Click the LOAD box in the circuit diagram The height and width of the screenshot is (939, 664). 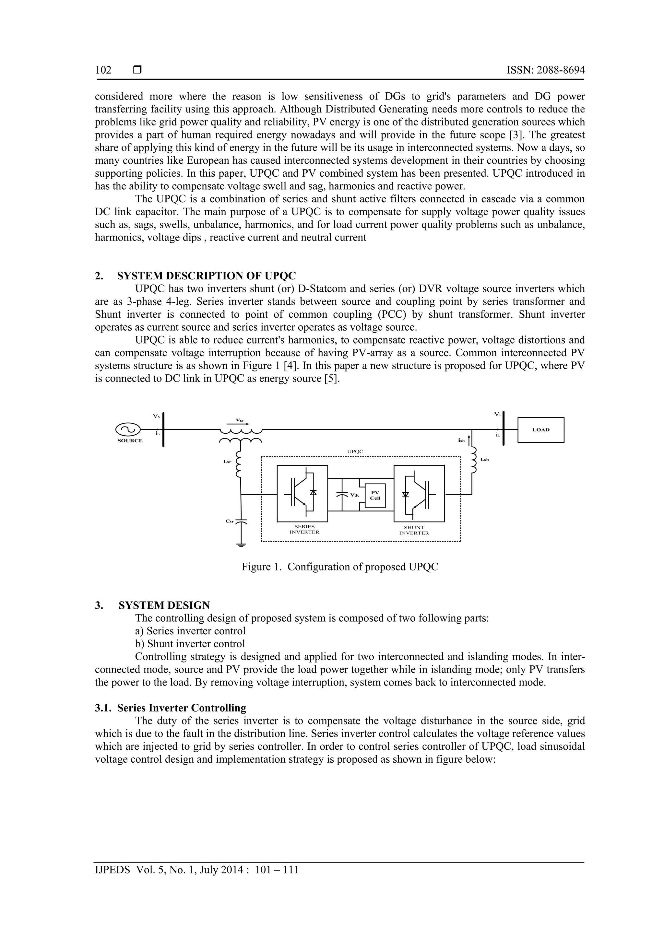pyautogui.click(x=540, y=430)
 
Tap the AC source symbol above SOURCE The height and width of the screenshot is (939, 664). pyautogui.click(x=128, y=429)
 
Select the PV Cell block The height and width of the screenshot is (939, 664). pyautogui.click(x=375, y=496)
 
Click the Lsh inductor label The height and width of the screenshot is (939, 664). pyautogui.click(x=485, y=460)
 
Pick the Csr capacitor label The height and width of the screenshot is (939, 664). pyautogui.click(x=230, y=521)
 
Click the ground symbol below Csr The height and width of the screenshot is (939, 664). pyautogui.click(x=241, y=544)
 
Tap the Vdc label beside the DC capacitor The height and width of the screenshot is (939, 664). pyautogui.click(x=355, y=495)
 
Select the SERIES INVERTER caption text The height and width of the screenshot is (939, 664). pyautogui.click(x=304, y=530)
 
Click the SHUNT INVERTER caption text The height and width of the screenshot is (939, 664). pyautogui.click(x=414, y=531)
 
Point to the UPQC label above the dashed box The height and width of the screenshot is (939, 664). pyautogui.click(x=355, y=452)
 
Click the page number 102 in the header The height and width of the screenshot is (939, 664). pyautogui.click(x=103, y=70)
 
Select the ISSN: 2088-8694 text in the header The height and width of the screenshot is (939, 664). pyautogui.click(x=545, y=70)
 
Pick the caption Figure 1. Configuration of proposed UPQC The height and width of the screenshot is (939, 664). pyautogui.click(x=339, y=567)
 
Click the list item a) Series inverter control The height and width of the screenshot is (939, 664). pyautogui.click(x=190, y=631)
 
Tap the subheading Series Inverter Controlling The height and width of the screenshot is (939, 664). pyautogui.click(x=182, y=708)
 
